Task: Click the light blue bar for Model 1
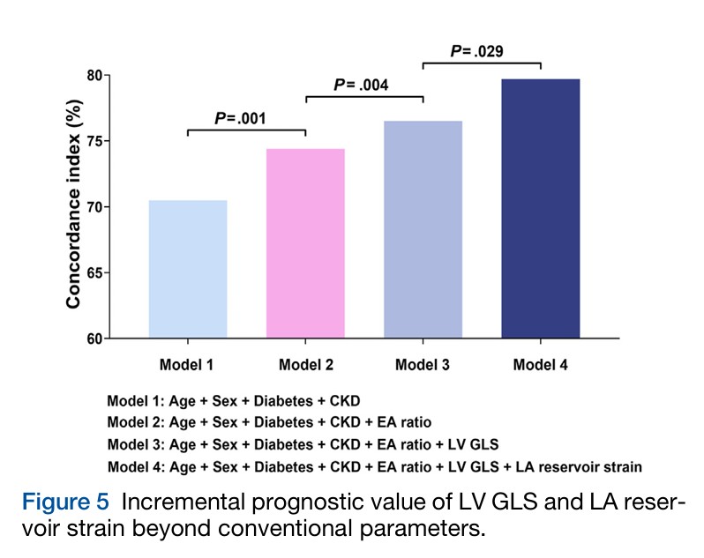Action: coord(188,269)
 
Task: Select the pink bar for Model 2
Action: coord(305,243)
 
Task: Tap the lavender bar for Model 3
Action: coord(423,229)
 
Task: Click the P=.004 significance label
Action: coord(361,85)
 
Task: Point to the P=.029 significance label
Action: coord(478,51)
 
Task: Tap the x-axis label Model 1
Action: coord(187,364)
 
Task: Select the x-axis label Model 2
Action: coord(305,364)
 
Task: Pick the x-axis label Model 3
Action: coord(423,364)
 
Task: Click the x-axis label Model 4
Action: coord(540,364)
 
